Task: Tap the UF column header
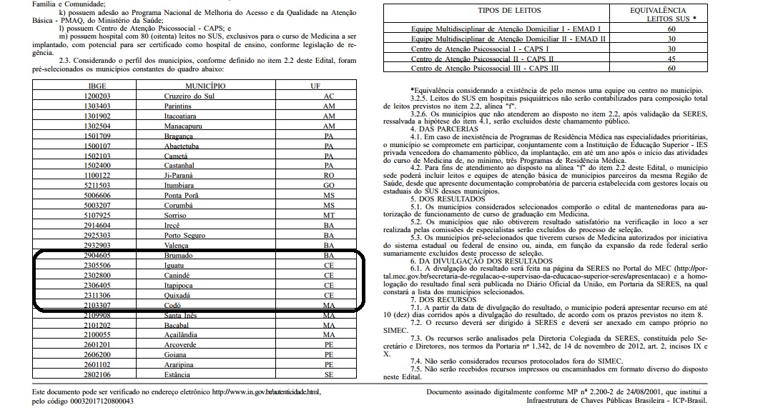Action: (x=328, y=86)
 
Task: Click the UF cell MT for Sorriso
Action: (x=328, y=215)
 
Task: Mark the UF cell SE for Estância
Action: (x=328, y=374)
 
